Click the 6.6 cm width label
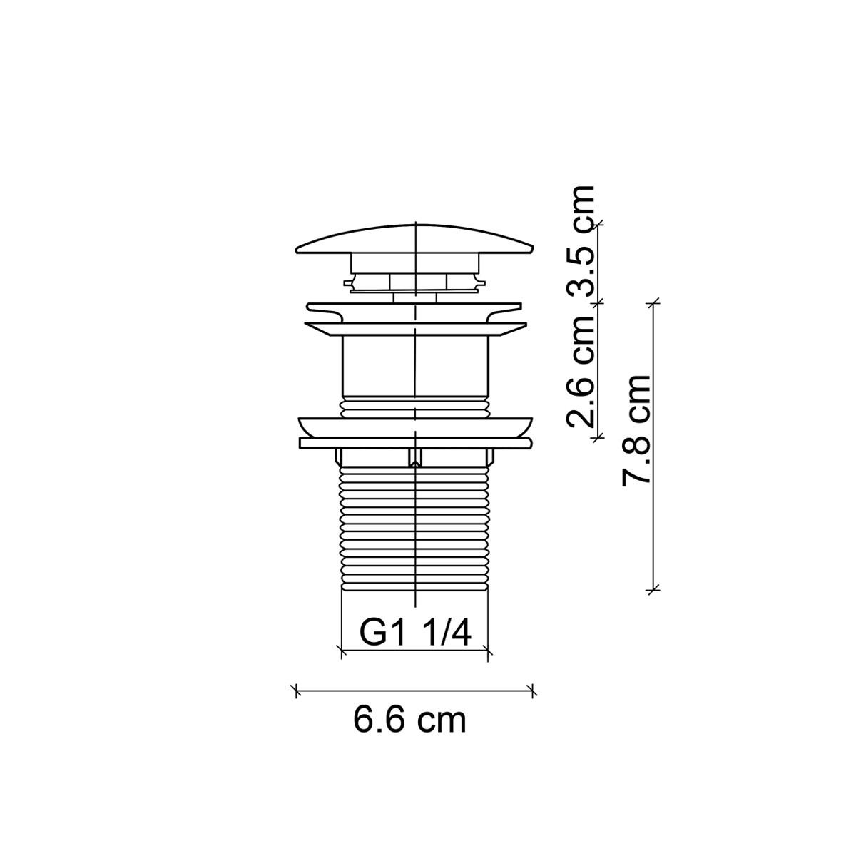(x=409, y=720)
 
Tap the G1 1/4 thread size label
(x=414, y=632)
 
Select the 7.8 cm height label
(x=636, y=429)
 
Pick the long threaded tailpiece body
(x=414, y=528)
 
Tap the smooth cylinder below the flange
(x=414, y=365)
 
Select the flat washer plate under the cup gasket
(x=414, y=443)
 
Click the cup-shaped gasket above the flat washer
(x=414, y=425)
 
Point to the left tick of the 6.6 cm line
(x=296, y=690)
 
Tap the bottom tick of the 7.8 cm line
(x=653, y=589)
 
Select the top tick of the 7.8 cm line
(x=653, y=303)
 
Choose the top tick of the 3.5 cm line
(x=598, y=224)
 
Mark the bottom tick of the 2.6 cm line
(x=598, y=435)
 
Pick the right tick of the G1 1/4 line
(x=488, y=650)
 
